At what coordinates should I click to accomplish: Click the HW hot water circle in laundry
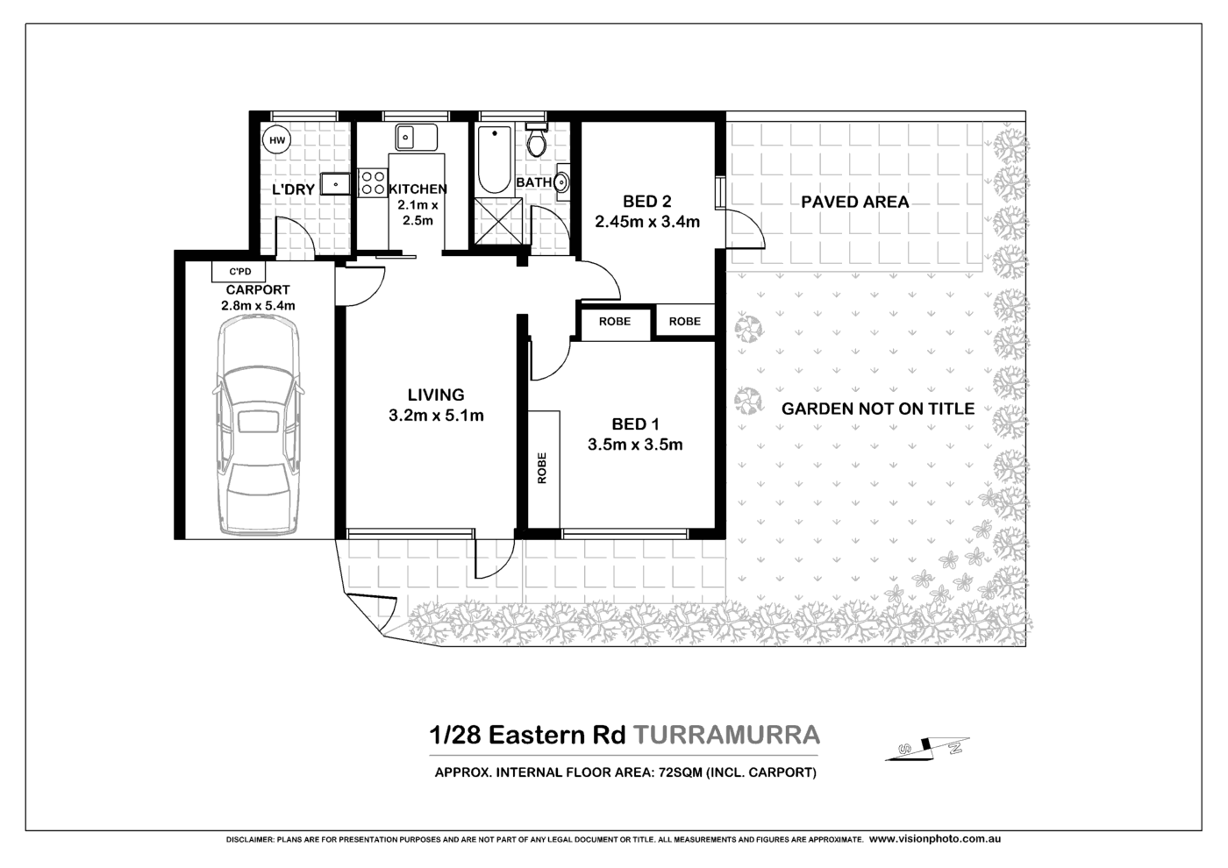tap(276, 140)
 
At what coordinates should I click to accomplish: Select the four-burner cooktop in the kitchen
tap(372, 181)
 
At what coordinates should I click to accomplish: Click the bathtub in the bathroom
tap(495, 160)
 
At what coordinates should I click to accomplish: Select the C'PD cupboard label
tap(239, 272)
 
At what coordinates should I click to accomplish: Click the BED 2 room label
tap(646, 202)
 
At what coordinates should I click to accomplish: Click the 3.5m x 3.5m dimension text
tap(635, 445)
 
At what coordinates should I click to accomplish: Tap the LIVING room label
tap(436, 395)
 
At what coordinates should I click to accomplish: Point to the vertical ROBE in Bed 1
tap(542, 468)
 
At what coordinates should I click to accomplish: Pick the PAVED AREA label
tap(854, 202)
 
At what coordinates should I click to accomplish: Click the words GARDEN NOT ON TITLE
tap(877, 409)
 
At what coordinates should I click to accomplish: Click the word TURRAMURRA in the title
tap(726, 735)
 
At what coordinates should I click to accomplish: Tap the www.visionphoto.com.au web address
tap(934, 839)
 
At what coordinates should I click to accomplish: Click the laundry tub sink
tap(335, 183)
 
